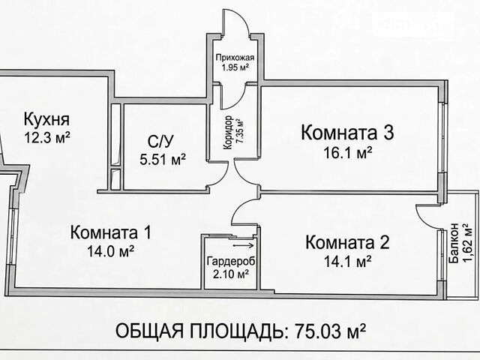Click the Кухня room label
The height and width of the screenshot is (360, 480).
coord(46,119)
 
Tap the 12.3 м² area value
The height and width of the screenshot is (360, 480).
coord(47,138)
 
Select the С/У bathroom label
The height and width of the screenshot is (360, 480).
coord(160,141)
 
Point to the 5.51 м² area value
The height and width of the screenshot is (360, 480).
coord(163,159)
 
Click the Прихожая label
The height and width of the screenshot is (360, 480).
coord(235,58)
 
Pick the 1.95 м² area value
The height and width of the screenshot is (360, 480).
coord(235,67)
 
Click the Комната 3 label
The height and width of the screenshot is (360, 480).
coord(347,133)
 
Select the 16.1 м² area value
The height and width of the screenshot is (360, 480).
coord(348,152)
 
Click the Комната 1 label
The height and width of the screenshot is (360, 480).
coord(111,232)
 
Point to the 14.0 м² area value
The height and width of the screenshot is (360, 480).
coord(111,251)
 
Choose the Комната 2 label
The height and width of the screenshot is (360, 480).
coord(347,242)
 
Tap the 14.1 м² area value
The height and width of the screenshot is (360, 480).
coord(348,262)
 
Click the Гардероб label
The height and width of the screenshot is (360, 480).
coord(231,262)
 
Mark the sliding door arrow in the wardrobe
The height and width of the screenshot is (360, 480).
coord(243,245)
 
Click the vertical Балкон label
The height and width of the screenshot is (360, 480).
coord(454,242)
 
